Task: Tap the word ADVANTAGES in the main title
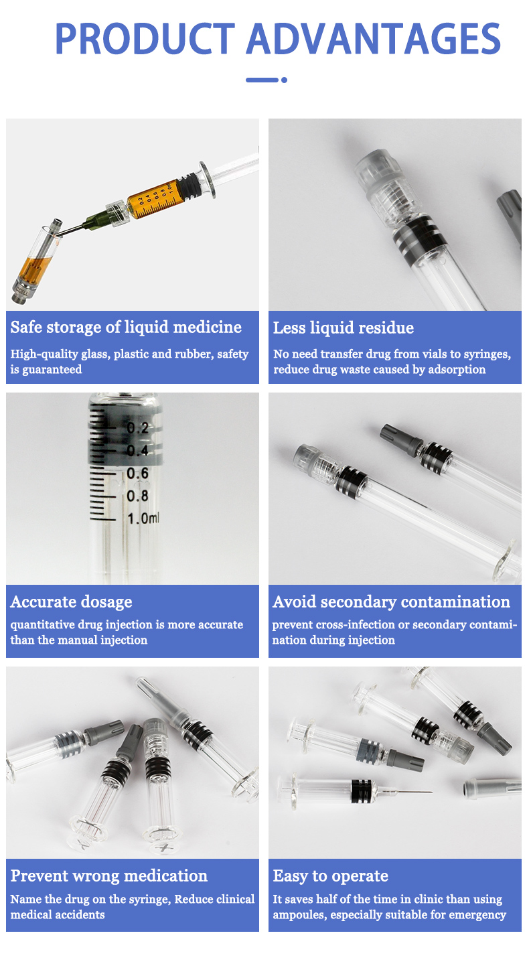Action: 374,39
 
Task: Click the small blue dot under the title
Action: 285,80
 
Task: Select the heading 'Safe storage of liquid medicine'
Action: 126,327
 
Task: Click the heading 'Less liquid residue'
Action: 344,328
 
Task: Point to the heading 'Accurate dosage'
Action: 72,602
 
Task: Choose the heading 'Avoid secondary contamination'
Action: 392,602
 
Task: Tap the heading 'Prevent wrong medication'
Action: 109,876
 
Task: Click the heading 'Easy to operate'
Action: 331,876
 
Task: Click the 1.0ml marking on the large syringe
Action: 143,518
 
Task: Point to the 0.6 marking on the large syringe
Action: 137,473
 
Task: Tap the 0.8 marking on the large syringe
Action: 137,496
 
